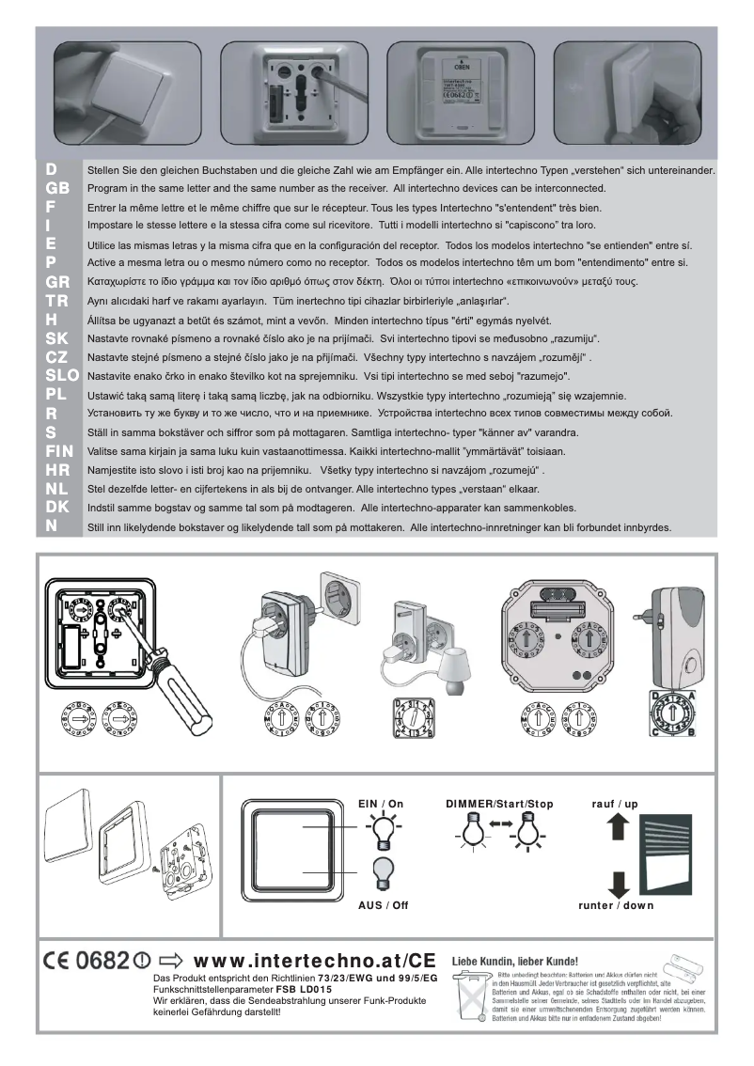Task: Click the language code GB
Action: (56, 188)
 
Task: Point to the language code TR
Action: (56, 301)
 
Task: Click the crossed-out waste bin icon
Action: (469, 1001)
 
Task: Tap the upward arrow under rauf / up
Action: (616, 827)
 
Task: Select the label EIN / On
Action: (381, 804)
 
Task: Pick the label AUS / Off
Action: (383, 905)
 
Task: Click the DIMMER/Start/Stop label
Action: (499, 804)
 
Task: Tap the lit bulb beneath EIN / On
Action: (382, 831)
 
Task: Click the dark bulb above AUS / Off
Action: (382, 874)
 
